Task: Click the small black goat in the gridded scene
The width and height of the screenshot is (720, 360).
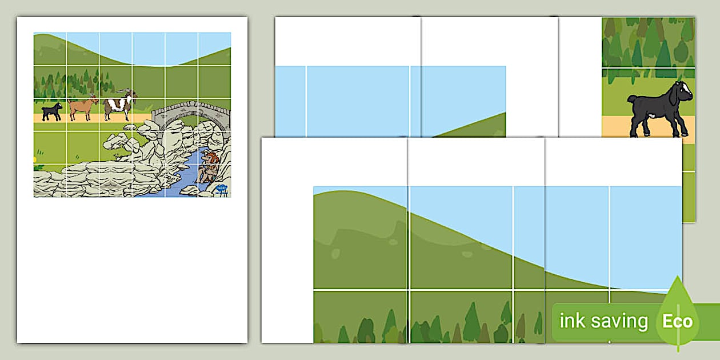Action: coord(52,111)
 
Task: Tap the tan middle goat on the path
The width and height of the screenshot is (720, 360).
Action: coord(83,107)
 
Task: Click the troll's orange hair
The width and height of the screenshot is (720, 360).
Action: coord(213,158)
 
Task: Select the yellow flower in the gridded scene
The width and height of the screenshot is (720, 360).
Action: coord(35,159)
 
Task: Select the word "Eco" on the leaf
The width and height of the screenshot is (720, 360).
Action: coord(677,321)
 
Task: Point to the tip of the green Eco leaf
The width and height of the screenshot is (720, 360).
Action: coord(678,276)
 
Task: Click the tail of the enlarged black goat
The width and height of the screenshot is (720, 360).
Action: coord(631,98)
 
